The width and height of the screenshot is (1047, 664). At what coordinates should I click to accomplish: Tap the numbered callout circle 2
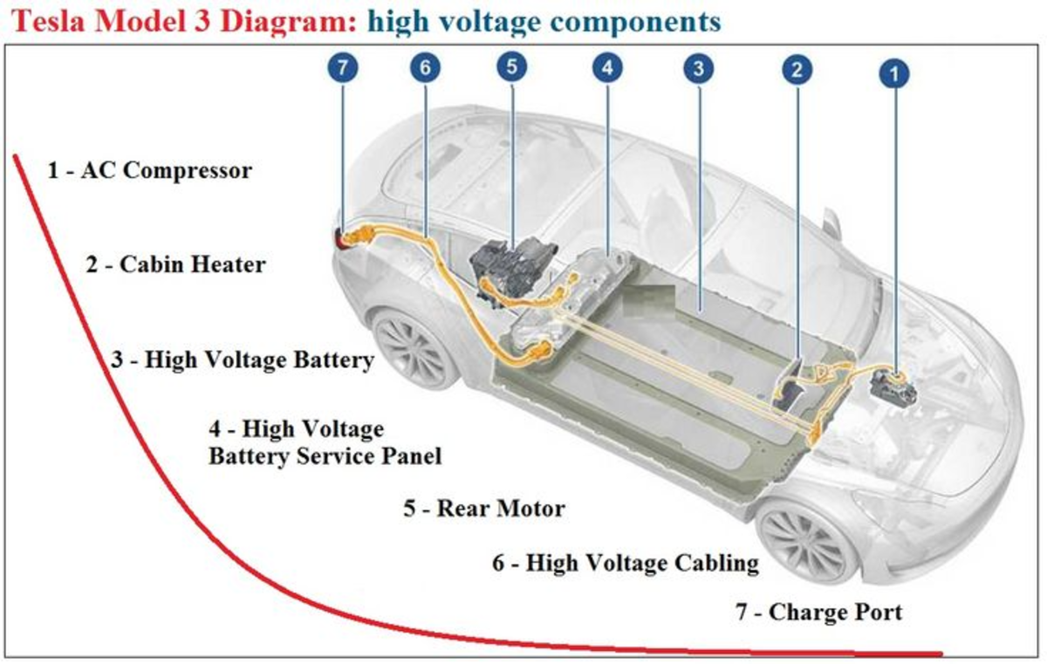point(797,70)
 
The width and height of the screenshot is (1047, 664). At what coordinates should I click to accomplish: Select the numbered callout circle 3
point(695,70)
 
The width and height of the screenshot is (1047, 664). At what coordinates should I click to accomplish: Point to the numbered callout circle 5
point(512,68)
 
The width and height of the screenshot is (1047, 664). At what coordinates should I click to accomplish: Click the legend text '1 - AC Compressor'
point(149,170)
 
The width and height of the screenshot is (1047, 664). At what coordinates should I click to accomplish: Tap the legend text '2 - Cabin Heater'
point(175,264)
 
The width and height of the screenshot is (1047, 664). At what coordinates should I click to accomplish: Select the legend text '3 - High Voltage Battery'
point(243,359)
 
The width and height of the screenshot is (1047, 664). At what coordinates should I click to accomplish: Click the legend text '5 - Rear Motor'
point(483,508)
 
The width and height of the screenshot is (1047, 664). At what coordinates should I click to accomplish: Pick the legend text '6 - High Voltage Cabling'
point(625,563)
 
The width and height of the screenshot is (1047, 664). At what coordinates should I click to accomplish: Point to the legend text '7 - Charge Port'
point(818,613)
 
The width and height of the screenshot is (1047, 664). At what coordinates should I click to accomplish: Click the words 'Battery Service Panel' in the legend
point(325,455)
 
